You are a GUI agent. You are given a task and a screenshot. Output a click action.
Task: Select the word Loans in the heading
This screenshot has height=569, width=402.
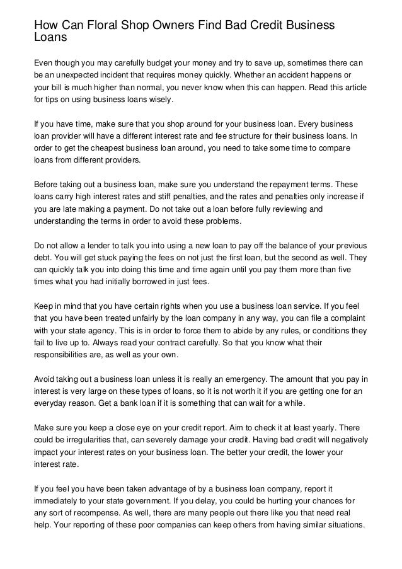pyautogui.click(x=50, y=37)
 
